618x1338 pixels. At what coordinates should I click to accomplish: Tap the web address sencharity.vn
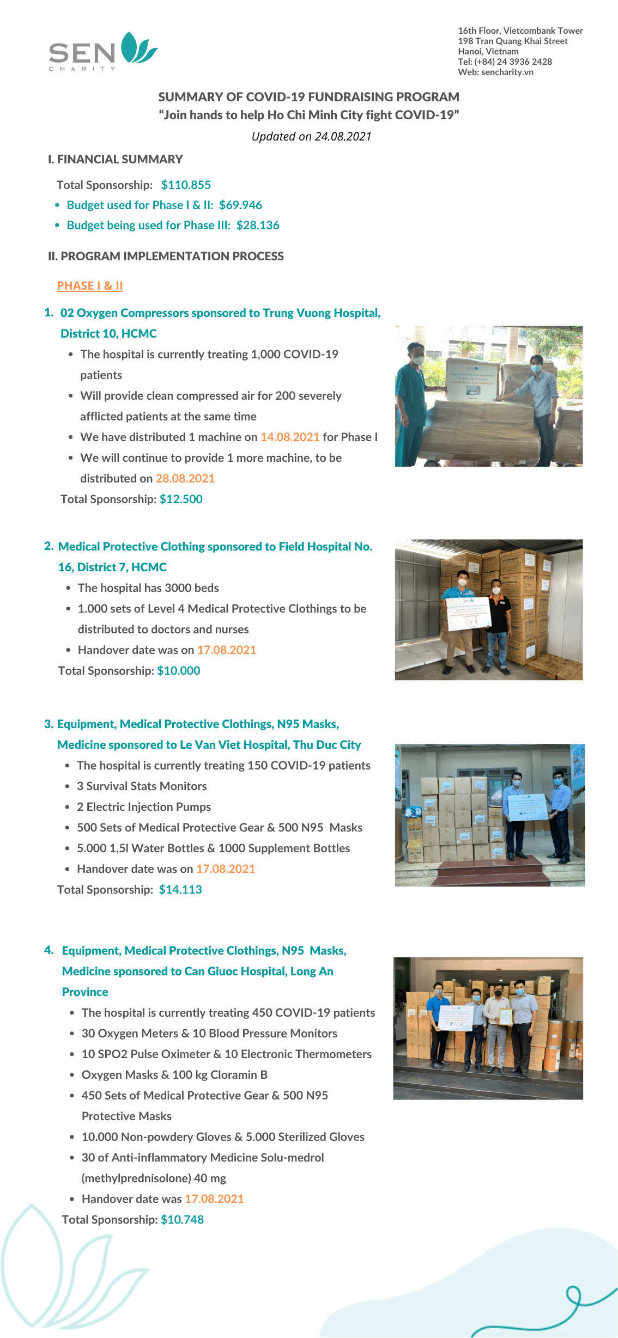coord(507,72)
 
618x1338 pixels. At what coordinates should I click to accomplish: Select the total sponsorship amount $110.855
coord(186,185)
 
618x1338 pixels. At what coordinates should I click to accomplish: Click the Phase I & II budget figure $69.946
coord(240,205)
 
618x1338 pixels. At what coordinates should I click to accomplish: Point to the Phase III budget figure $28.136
coord(258,225)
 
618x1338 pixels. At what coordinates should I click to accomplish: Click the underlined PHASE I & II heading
coord(90,286)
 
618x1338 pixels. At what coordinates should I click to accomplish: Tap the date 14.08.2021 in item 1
coord(290,437)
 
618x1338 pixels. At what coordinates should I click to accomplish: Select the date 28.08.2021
coord(185,479)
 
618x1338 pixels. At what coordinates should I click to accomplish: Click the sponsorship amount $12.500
coord(181,499)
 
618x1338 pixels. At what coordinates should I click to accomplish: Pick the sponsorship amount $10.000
coord(179,671)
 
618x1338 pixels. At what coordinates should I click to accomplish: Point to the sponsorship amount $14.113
coord(180,890)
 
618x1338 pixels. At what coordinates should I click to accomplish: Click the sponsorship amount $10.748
coord(183,1220)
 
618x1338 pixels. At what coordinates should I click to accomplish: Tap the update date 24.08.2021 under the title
coord(343,137)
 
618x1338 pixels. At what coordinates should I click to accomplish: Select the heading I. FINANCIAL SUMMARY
coord(115,160)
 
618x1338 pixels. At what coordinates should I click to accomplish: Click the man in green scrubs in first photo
coord(411,398)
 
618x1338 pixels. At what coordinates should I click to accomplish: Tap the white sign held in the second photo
coord(469,614)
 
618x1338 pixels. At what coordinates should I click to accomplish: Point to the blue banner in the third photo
coord(526,807)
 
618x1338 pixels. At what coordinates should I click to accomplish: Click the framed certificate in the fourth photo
coord(506,1017)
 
